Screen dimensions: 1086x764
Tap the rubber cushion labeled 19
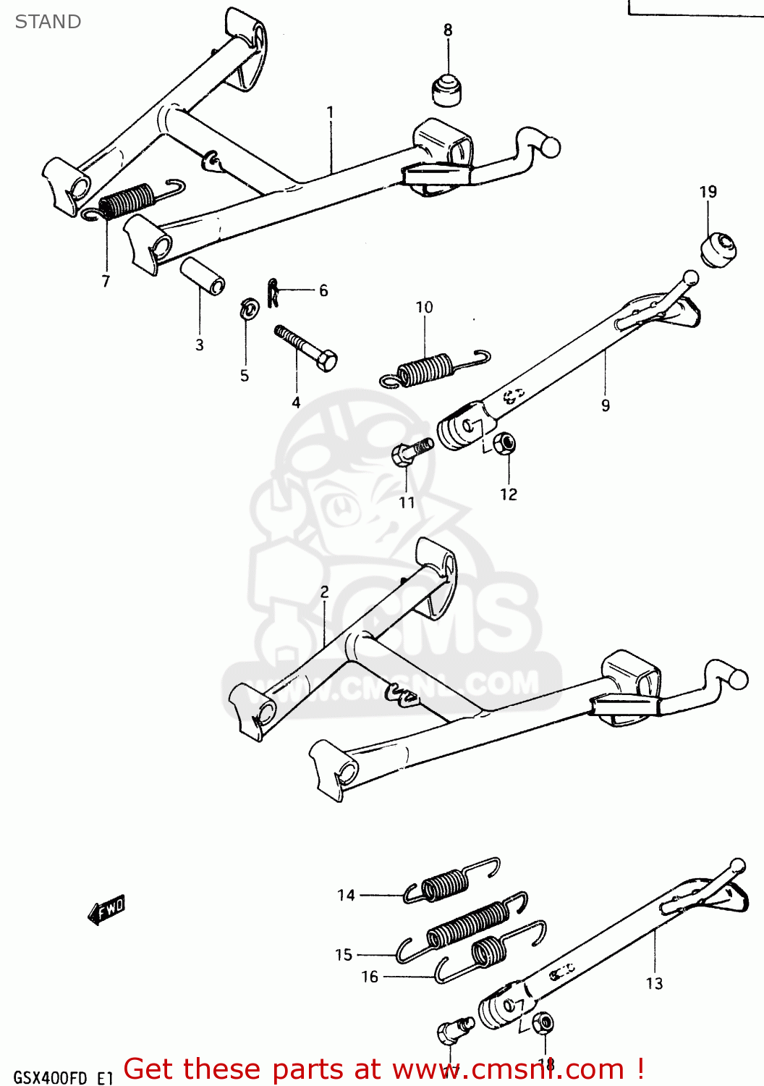tap(717, 248)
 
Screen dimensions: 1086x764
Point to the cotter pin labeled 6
tap(273, 292)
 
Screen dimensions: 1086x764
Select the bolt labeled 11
tap(409, 452)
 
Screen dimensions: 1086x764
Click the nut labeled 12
tap(504, 443)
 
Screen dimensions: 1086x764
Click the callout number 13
tap(654, 983)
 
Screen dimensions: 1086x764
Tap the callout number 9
tap(606, 405)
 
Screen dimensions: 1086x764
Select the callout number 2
tap(324, 592)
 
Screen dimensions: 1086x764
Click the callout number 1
tap(330, 112)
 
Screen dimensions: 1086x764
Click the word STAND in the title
tap(48, 22)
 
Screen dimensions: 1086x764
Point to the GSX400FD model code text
tap(51, 1077)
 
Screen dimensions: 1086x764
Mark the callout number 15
tap(344, 955)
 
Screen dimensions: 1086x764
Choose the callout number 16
tap(370, 977)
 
